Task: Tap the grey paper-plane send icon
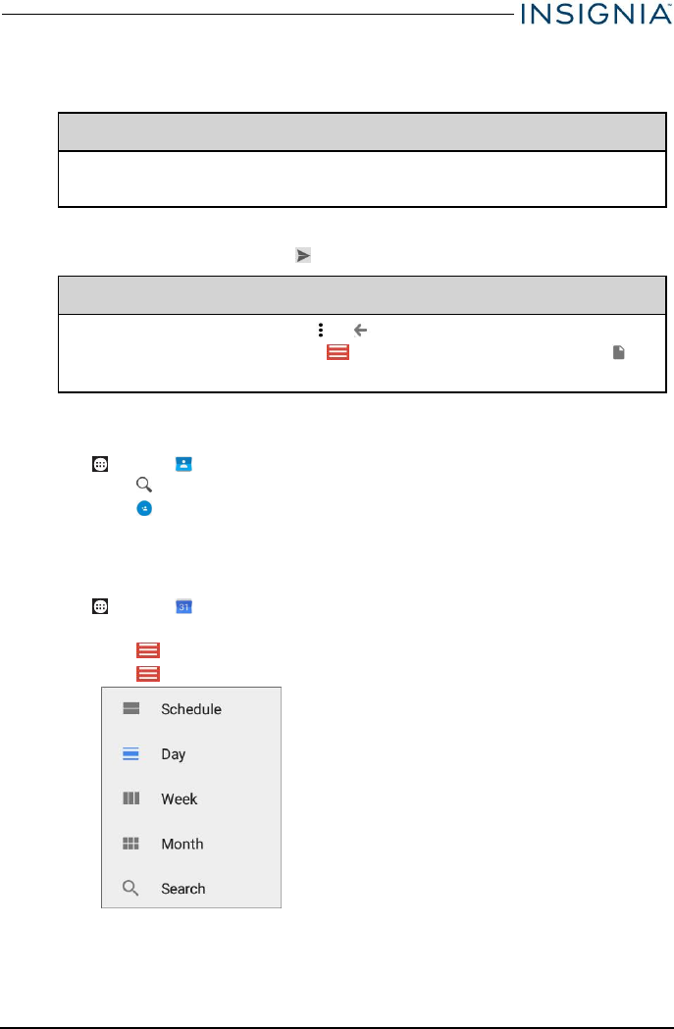tap(303, 255)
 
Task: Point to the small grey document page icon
tap(619, 351)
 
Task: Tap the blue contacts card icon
tap(183, 464)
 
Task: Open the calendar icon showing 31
tap(183, 607)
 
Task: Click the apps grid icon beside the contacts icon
tap(99, 464)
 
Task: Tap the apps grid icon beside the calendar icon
tap(99, 607)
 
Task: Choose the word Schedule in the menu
tap(191, 709)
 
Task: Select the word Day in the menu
tap(174, 754)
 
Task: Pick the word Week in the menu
tap(180, 799)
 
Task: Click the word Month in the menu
tap(182, 844)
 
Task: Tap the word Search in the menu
tap(183, 889)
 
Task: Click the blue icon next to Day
tap(130, 754)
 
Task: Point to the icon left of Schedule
tap(130, 709)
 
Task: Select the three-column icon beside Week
tap(130, 799)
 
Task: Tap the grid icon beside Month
tap(130, 844)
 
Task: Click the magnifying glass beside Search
tap(130, 889)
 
